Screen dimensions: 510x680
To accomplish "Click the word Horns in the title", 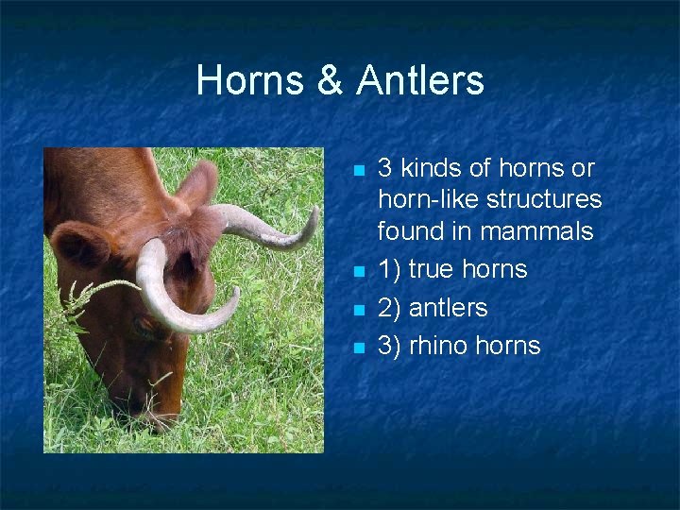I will click(251, 81).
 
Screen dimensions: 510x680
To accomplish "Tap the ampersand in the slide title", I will click(331, 81).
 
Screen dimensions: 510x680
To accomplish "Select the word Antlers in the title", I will click(420, 81).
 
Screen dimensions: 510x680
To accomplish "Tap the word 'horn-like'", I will click(429, 199).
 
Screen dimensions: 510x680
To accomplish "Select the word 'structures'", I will click(544, 199).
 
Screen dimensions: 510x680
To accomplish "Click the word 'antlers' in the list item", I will click(448, 307).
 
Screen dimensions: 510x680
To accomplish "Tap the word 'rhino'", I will click(438, 346).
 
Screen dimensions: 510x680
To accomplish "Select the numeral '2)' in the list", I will click(389, 307).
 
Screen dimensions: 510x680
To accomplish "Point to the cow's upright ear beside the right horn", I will click(199, 185).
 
